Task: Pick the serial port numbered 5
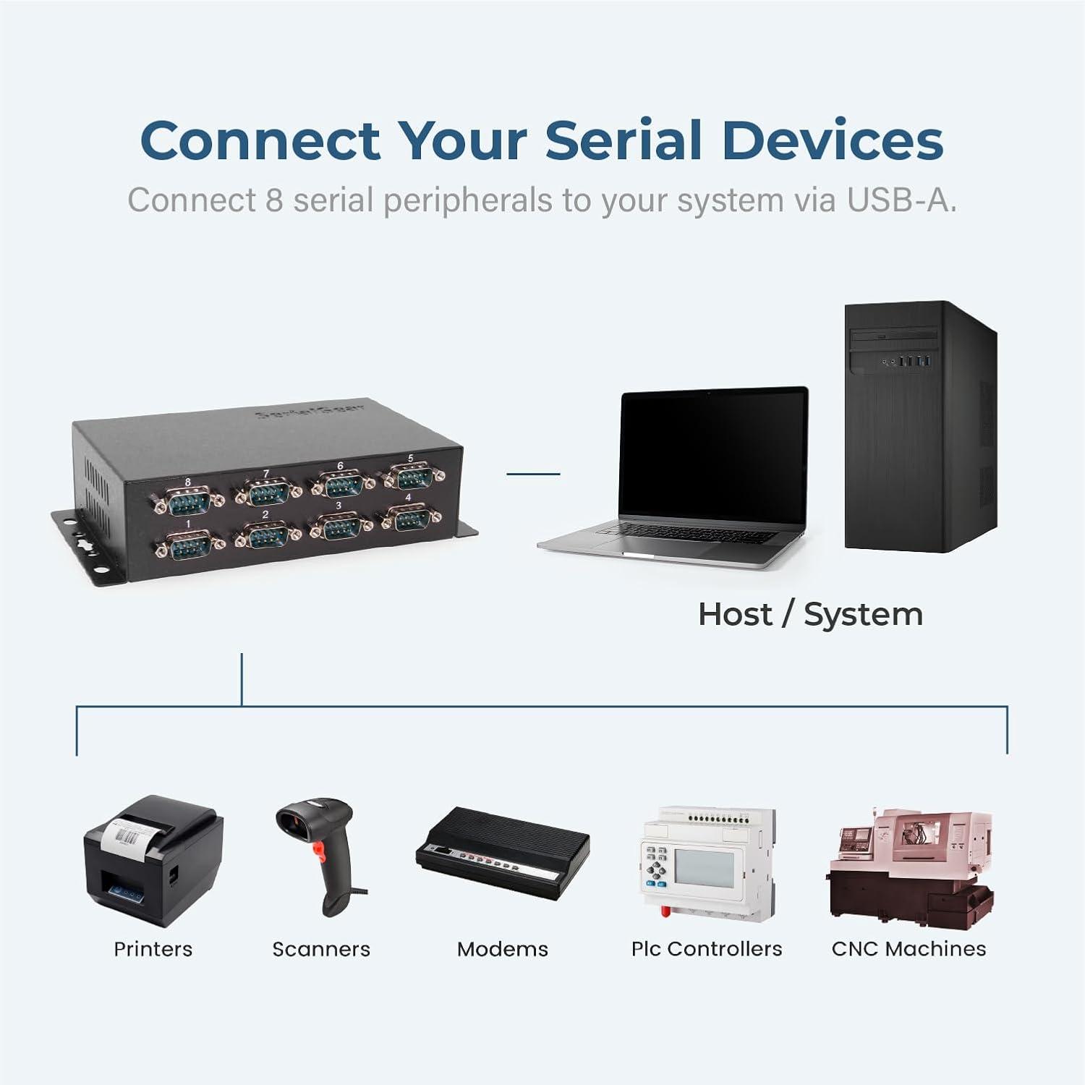click(x=413, y=475)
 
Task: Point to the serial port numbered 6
click(x=342, y=482)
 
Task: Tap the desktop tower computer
click(x=920, y=427)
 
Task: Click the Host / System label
click(x=810, y=615)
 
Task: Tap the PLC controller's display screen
click(x=704, y=867)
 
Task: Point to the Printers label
click(x=153, y=949)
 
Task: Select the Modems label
click(x=503, y=949)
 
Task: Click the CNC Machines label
click(x=909, y=949)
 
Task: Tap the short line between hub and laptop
click(x=533, y=474)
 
